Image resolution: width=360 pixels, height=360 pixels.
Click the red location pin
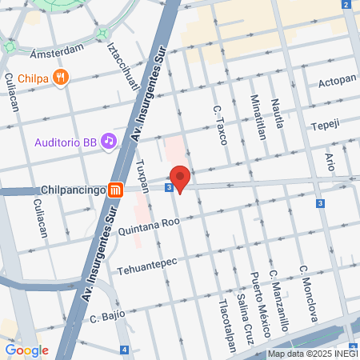(179, 178)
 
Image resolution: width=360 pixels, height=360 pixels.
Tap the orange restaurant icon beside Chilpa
(62, 77)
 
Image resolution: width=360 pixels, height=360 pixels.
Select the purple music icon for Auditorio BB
(109, 141)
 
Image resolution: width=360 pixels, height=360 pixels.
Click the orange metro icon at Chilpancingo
(118, 190)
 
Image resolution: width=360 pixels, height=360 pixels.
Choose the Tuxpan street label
(142, 177)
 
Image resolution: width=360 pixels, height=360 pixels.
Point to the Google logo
(26, 350)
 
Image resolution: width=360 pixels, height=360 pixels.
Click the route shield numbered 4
(124, 350)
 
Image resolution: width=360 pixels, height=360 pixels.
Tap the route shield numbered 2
(345, 5)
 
